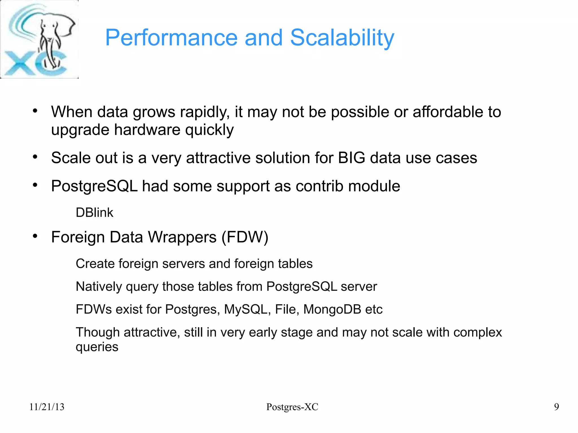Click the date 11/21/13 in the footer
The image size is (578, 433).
pos(47,407)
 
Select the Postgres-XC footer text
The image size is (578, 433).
pos(292,407)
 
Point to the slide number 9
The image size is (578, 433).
pos(556,407)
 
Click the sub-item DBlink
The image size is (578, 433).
pos(94,212)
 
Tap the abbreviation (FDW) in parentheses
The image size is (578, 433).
pos(245,237)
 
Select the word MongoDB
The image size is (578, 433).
pos(332,309)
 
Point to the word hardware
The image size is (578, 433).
pos(147,130)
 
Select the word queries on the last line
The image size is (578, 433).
pos(97,347)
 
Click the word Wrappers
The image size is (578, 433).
pos(182,237)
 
